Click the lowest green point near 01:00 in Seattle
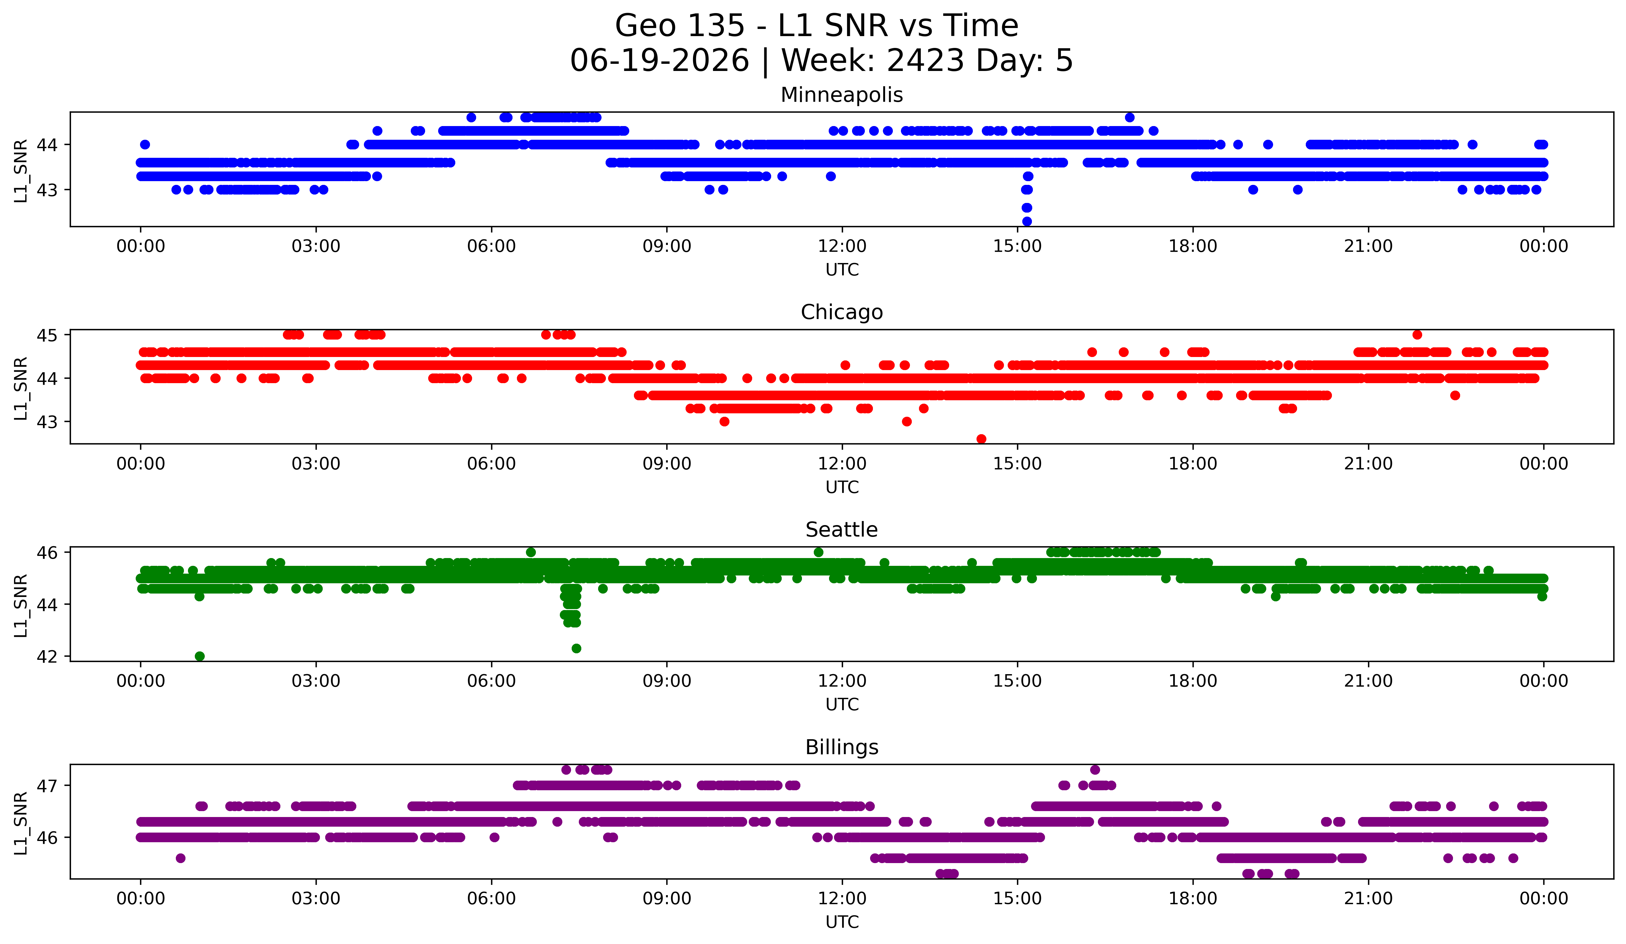click(199, 656)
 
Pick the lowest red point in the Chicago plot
click(982, 439)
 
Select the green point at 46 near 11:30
click(818, 552)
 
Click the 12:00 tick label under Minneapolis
click(842, 247)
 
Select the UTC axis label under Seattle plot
click(842, 705)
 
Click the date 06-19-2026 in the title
click(659, 61)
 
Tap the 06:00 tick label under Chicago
click(492, 464)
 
